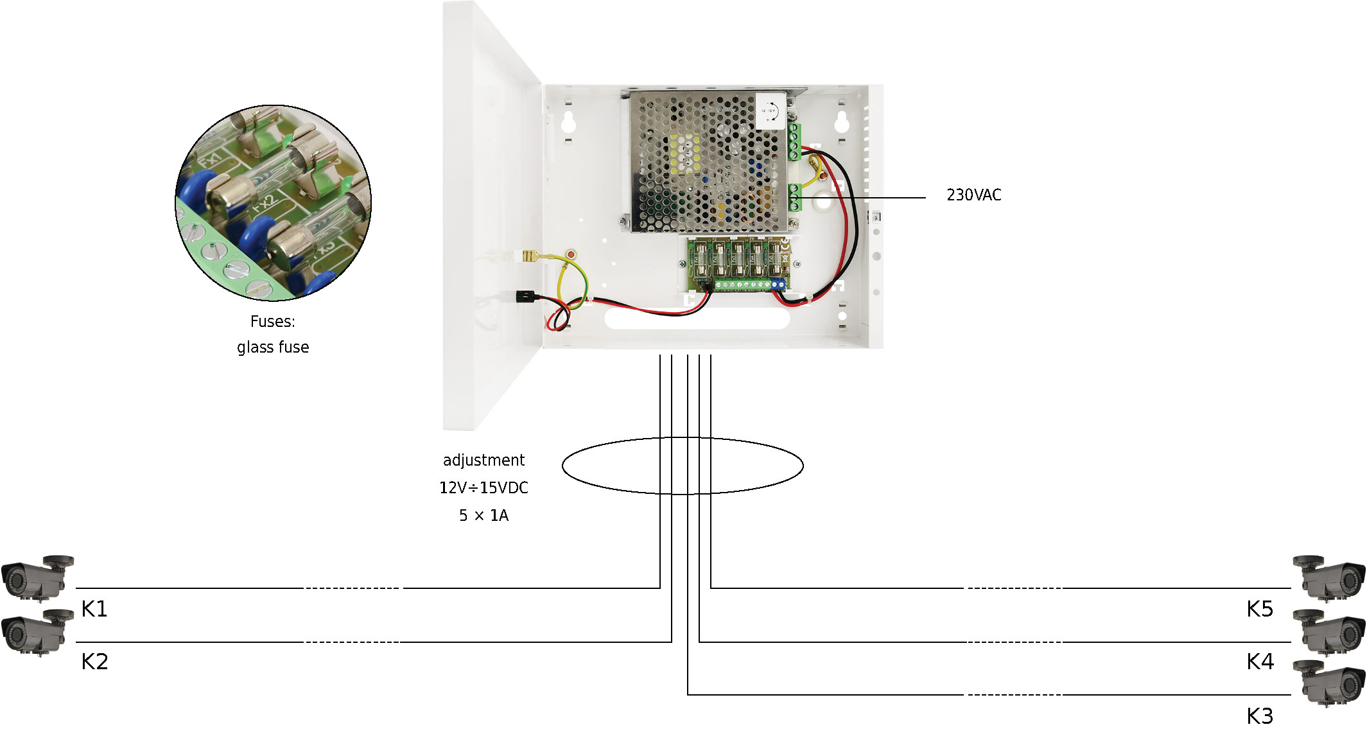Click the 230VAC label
pos(973,195)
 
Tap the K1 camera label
pos(94,609)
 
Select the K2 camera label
pos(94,662)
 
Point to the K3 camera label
pos(1260,715)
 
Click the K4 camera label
pos(1260,662)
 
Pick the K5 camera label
pos(1260,609)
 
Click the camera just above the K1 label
pos(37,577)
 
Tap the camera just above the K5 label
pos(1328,577)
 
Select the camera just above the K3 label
pos(1328,683)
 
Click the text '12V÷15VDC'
pos(483,488)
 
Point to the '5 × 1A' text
pos(483,516)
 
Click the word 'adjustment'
pos(483,460)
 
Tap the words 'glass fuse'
pos(273,347)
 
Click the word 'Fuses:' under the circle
pos(273,322)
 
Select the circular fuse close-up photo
pos(273,203)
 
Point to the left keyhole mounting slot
pos(568,121)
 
